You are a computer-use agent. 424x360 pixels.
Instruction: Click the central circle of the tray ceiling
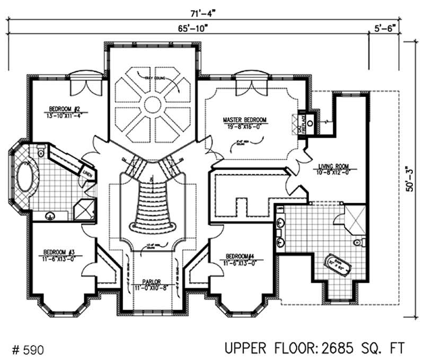pos(153,104)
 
